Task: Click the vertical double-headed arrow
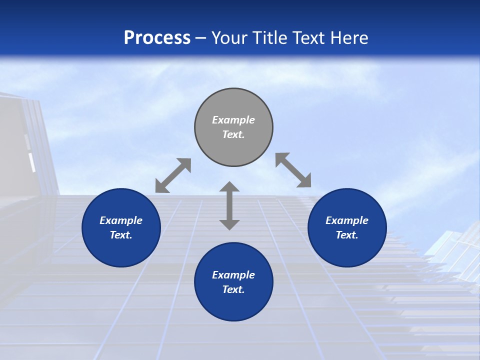pos(229,205)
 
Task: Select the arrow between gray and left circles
pos(173,175)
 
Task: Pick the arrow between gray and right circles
pos(293,170)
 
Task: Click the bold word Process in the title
pos(157,37)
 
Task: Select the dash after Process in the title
pos(201,38)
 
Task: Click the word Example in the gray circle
pos(233,120)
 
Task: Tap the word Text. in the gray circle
pos(233,134)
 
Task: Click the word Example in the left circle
pos(121,220)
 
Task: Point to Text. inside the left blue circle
pos(121,235)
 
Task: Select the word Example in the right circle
pos(347,220)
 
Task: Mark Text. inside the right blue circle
pos(347,235)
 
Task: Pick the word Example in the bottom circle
pos(233,275)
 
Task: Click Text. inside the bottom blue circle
pos(233,289)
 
